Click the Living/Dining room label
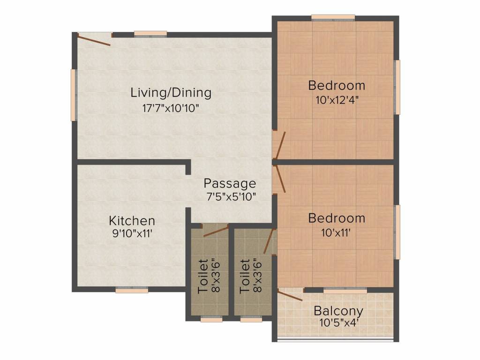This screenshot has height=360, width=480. (x=171, y=92)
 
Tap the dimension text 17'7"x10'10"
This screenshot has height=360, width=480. (x=171, y=108)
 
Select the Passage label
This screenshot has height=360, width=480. (x=230, y=183)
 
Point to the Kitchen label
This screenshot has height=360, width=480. (x=132, y=220)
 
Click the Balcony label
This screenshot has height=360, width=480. (x=338, y=310)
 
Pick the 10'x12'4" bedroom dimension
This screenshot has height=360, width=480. (x=336, y=100)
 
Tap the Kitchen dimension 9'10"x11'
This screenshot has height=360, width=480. (x=132, y=234)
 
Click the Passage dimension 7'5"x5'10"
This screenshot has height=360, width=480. (x=230, y=196)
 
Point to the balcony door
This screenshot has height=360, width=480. (x=290, y=295)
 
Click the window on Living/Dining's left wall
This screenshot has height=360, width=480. (x=73, y=95)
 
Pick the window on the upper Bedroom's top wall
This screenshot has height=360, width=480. (x=333, y=18)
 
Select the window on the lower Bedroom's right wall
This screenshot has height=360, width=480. (x=397, y=232)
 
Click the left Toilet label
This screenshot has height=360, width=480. (x=203, y=276)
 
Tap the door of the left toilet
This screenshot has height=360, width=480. (x=215, y=230)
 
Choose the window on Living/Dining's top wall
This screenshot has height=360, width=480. (x=150, y=33)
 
